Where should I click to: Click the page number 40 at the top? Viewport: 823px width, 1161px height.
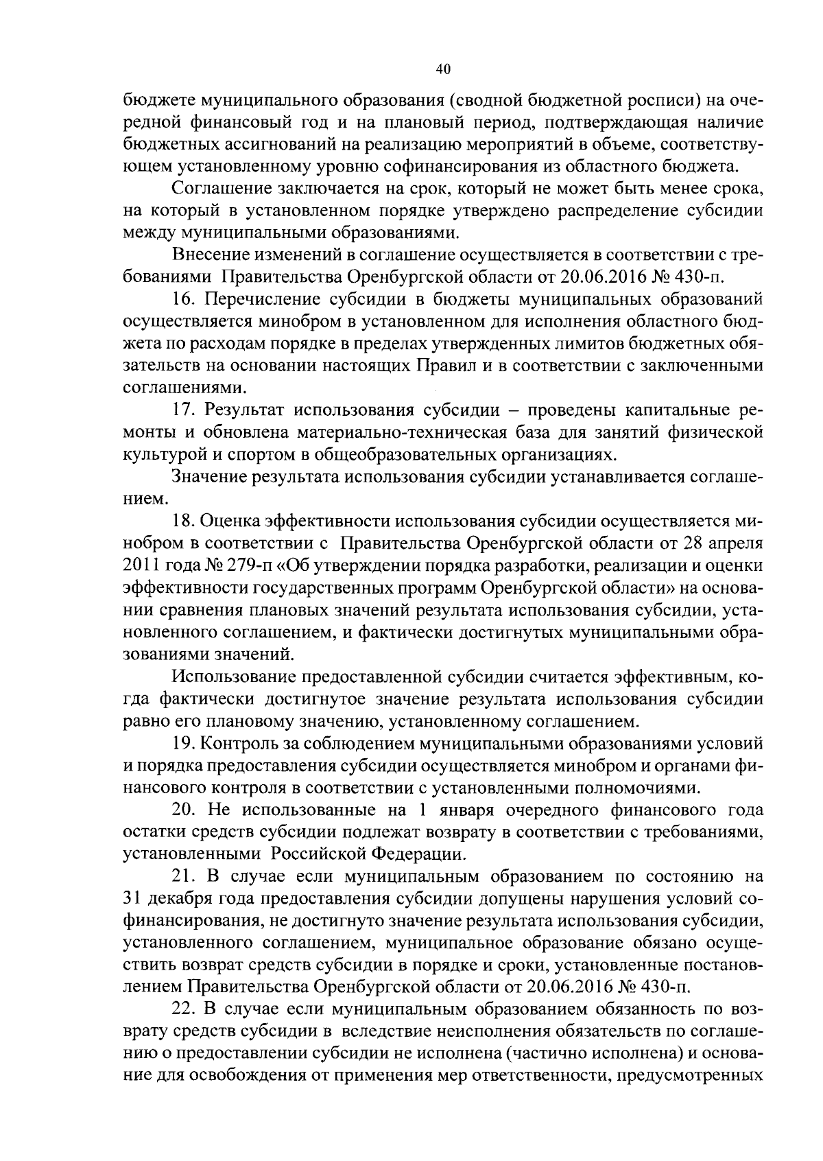point(442,69)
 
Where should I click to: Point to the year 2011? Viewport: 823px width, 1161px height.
point(141,566)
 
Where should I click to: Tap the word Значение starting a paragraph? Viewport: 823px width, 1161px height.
point(211,477)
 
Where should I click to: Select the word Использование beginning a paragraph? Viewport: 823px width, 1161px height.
point(233,677)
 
